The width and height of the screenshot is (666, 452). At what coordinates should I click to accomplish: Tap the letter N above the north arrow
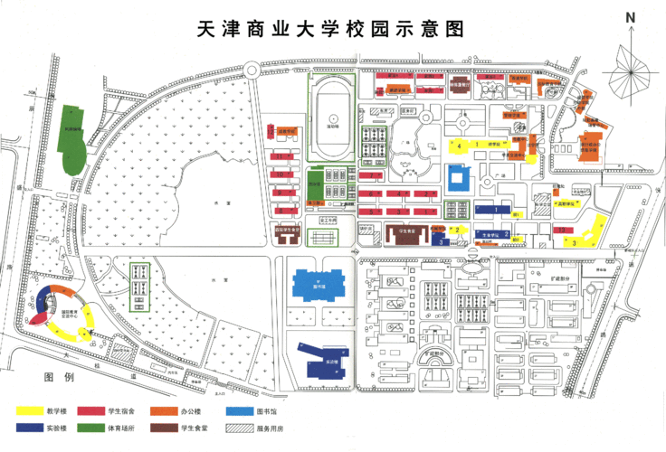coord(631,17)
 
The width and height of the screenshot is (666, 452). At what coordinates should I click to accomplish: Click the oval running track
coord(334,115)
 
